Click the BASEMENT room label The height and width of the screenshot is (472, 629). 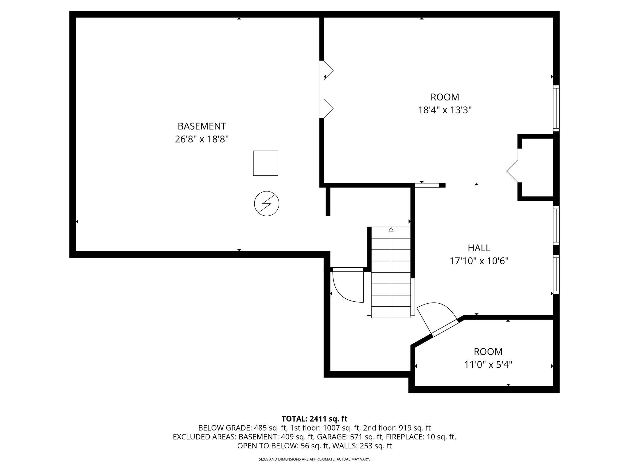tap(202, 126)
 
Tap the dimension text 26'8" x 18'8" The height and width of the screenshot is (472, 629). tap(202, 140)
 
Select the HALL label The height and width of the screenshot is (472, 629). tap(479, 248)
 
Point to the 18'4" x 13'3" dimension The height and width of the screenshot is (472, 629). tap(445, 110)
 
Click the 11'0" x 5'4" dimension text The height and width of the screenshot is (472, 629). tap(488, 365)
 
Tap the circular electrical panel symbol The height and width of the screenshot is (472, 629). tap(267, 203)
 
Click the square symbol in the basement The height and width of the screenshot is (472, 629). tap(265, 163)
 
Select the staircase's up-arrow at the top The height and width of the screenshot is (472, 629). tap(391, 229)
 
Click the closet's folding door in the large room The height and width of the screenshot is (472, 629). tap(512, 171)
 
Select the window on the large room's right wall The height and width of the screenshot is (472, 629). tap(556, 108)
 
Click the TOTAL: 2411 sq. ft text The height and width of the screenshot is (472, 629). tap(314, 419)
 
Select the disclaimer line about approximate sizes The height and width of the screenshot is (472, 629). tap(314, 459)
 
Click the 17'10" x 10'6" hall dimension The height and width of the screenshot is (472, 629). tap(479, 261)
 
